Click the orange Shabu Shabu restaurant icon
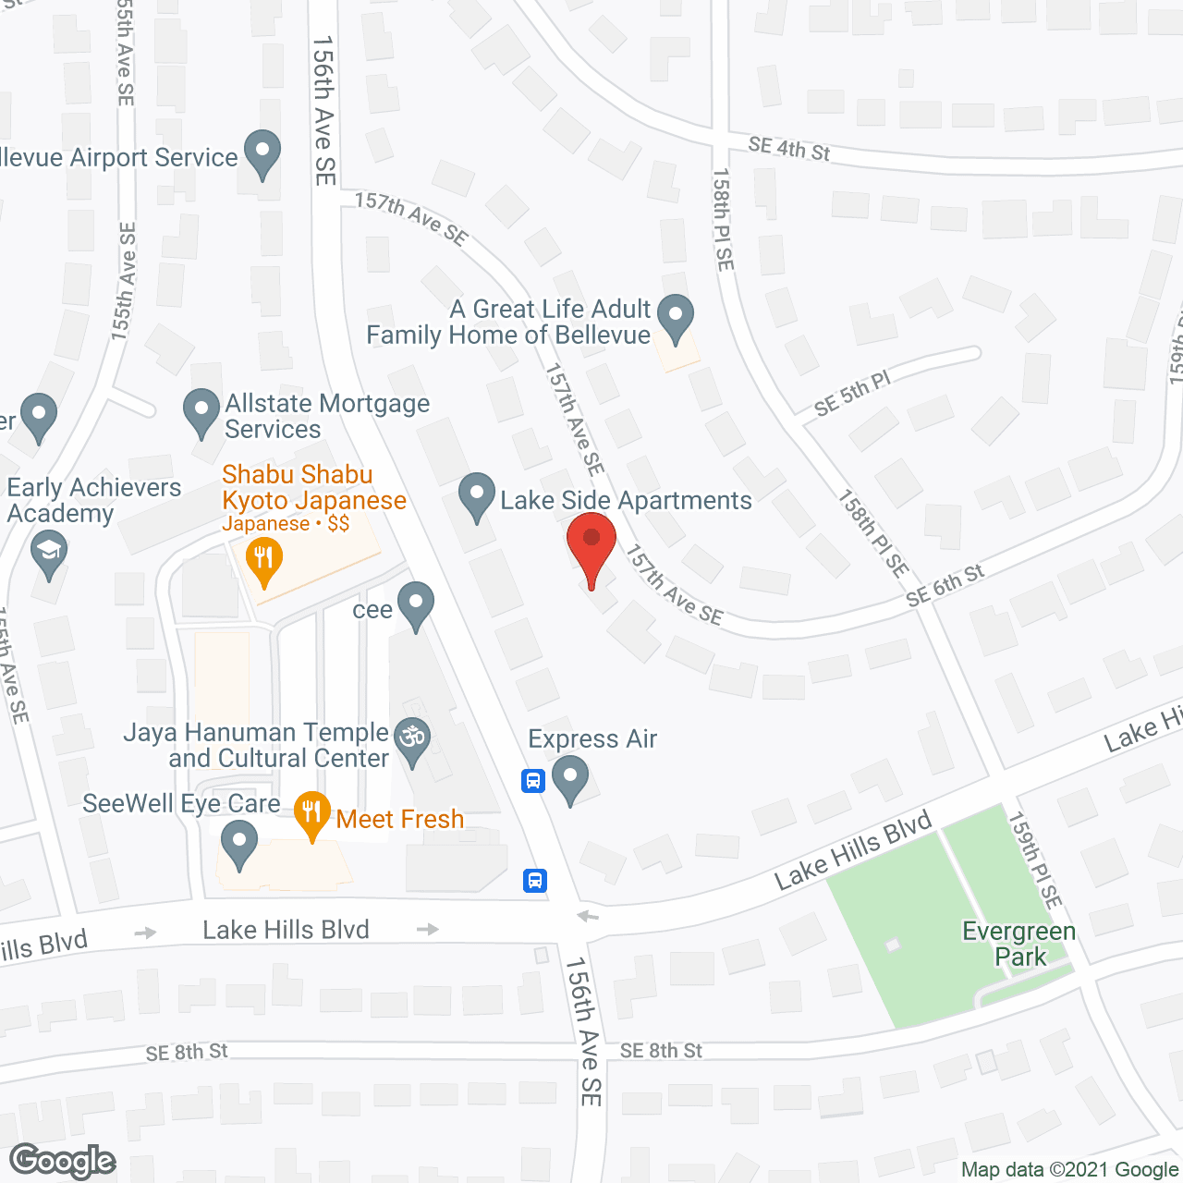click(x=264, y=560)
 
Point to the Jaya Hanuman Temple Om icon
click(x=413, y=740)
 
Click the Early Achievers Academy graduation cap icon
click(x=48, y=555)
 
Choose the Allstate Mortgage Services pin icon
click(x=201, y=411)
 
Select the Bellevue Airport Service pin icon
click(x=262, y=152)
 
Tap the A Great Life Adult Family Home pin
click(x=677, y=316)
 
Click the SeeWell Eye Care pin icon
click(x=239, y=845)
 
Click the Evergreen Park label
click(x=1019, y=944)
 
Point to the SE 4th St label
click(x=789, y=148)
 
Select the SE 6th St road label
click(x=945, y=586)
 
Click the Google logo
click(x=63, y=1161)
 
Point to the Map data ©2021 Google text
click(x=1069, y=1170)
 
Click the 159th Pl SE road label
click(x=1035, y=860)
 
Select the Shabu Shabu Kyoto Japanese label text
click(x=314, y=487)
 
